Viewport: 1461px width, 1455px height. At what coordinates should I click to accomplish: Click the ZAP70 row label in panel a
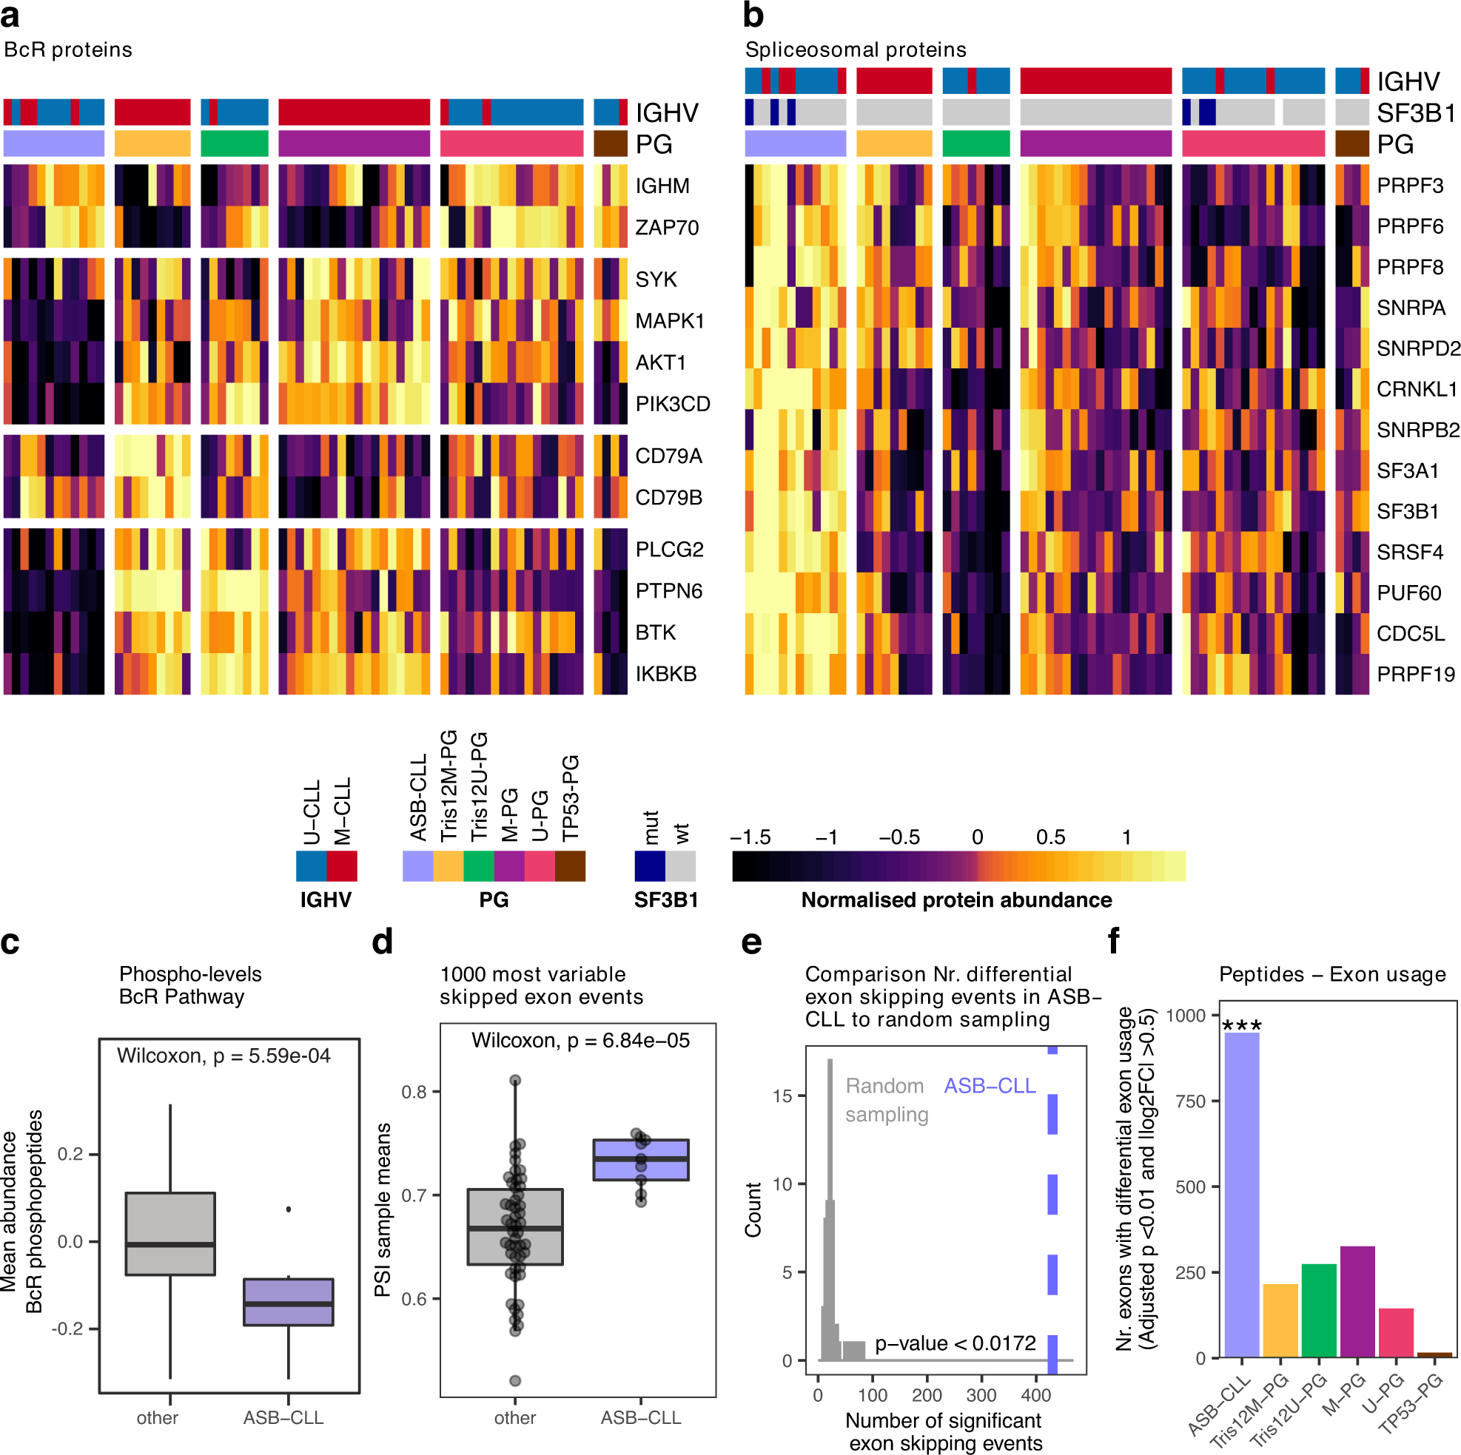pyautogui.click(x=666, y=228)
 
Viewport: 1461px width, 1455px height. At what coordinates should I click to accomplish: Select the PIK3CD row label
pyautogui.click(x=672, y=404)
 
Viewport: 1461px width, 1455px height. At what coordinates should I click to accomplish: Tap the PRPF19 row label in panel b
pyautogui.click(x=1415, y=673)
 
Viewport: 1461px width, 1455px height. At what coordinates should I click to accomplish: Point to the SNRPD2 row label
pyautogui.click(x=1417, y=348)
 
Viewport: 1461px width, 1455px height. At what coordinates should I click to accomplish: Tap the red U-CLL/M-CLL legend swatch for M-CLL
pyautogui.click(x=341, y=865)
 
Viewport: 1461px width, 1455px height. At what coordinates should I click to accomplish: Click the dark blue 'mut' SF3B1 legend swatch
pyautogui.click(x=650, y=865)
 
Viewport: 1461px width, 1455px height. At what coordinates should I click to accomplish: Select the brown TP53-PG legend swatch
pyautogui.click(x=569, y=865)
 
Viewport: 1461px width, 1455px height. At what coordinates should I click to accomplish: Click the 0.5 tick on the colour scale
pyautogui.click(x=1049, y=837)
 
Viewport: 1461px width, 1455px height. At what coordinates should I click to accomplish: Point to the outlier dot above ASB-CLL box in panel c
pyautogui.click(x=288, y=1209)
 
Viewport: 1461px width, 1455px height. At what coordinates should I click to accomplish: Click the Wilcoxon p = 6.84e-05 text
pyautogui.click(x=580, y=1041)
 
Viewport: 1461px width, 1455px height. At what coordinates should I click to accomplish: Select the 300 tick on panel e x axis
pyautogui.click(x=981, y=1394)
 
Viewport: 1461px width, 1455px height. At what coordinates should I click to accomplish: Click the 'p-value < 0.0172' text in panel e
pyautogui.click(x=955, y=1343)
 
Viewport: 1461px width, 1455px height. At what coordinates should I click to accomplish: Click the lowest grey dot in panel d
pyautogui.click(x=515, y=1381)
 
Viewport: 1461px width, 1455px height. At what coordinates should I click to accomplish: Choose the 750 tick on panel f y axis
pyautogui.click(x=1189, y=1101)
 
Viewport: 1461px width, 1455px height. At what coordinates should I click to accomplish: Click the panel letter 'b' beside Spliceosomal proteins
pyautogui.click(x=753, y=15)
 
